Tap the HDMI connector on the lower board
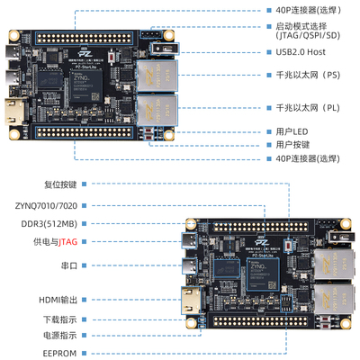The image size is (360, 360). click(191, 301)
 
